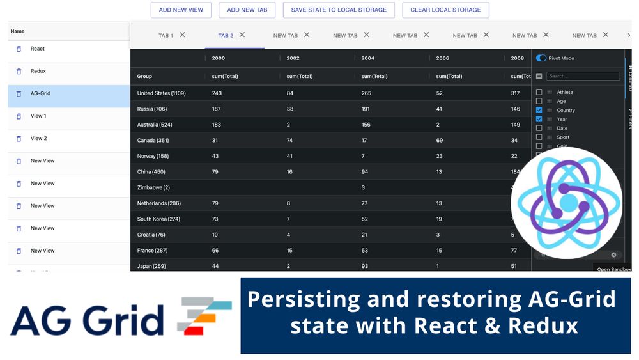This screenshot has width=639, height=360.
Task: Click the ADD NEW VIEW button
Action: point(181,10)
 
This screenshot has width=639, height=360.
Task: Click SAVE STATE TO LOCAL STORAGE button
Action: point(339,10)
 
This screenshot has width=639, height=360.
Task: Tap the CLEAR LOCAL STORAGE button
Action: point(445,10)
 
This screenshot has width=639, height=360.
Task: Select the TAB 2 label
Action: point(226,36)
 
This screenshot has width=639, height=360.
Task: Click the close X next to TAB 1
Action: point(182,35)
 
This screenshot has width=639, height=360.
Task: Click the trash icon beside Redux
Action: point(19,72)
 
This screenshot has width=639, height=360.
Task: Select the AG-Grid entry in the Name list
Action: point(40,93)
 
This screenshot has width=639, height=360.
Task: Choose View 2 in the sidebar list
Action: point(38,138)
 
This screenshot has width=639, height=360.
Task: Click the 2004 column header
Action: point(368,58)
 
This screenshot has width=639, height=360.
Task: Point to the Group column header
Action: point(144,77)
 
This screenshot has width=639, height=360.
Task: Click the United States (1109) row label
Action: point(161,93)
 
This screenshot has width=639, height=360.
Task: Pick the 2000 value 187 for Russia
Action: point(217,109)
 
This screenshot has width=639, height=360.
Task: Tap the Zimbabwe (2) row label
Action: point(153,187)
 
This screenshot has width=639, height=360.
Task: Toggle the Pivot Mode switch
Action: point(541,58)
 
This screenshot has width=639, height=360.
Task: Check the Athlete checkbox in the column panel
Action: point(539,92)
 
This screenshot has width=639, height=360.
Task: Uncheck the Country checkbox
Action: point(539,110)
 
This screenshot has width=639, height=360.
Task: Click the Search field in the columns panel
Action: point(582,76)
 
